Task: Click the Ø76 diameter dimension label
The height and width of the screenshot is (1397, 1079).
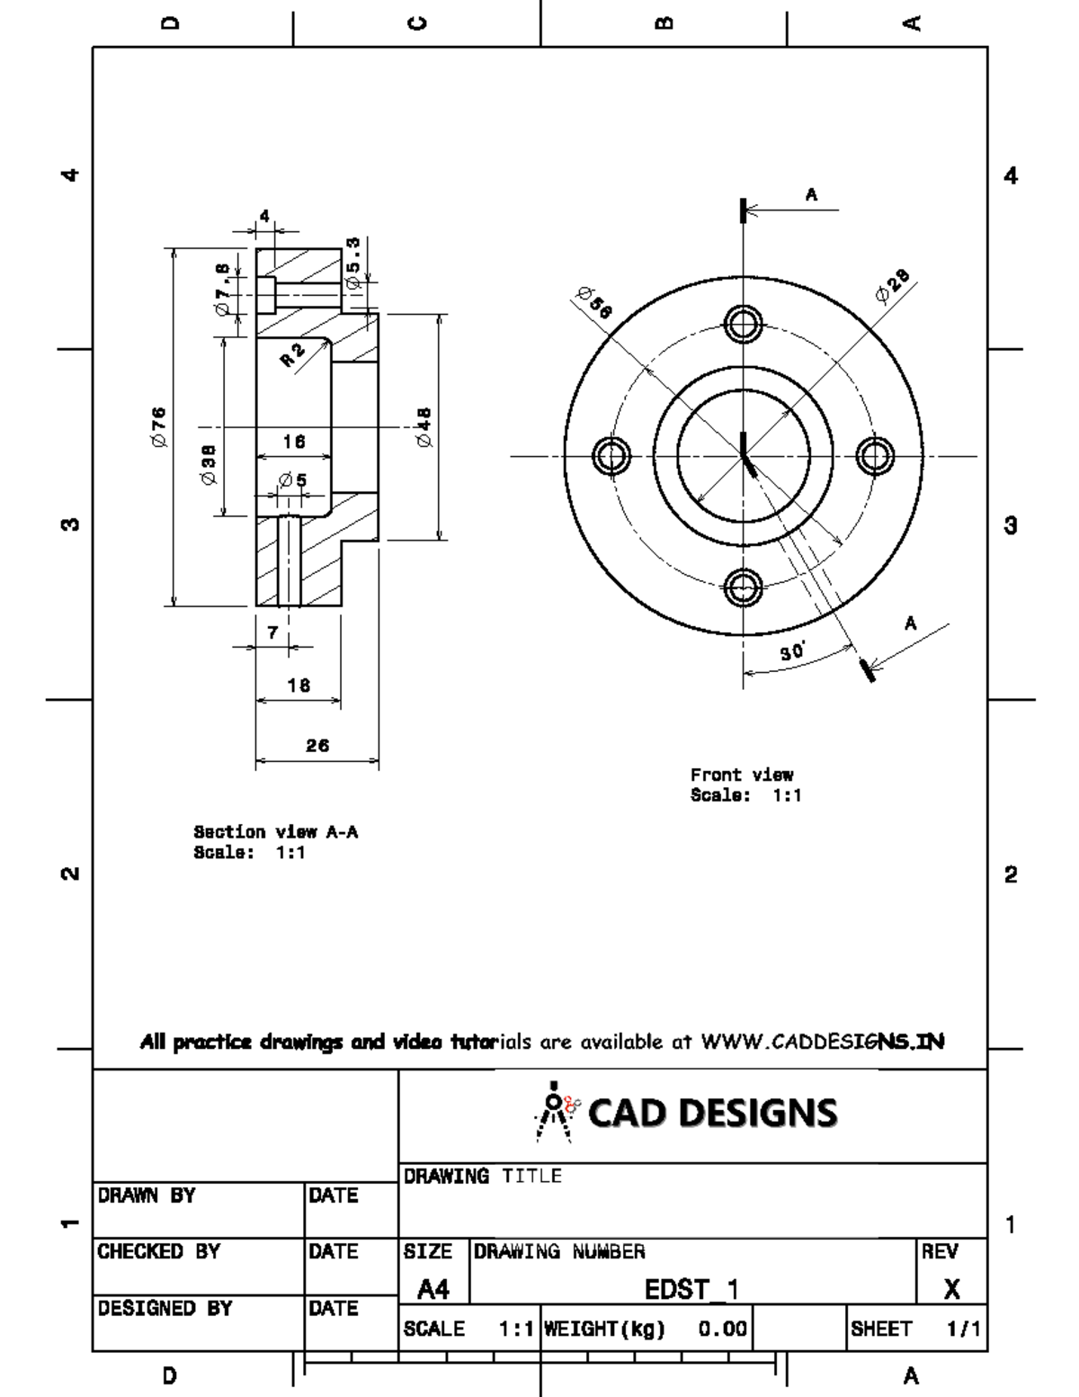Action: (158, 426)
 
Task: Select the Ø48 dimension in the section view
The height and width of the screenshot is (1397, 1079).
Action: (424, 427)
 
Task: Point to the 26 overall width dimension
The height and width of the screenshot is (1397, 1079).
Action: (317, 746)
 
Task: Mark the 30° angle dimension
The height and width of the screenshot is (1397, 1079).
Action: (792, 652)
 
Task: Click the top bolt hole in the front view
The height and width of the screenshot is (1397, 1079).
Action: (743, 323)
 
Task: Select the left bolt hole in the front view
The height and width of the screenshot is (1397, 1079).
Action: (611, 455)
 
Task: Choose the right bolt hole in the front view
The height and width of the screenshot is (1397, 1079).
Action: (874, 455)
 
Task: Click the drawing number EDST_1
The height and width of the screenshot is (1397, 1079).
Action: (691, 1290)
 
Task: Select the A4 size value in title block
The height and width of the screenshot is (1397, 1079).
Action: (433, 1290)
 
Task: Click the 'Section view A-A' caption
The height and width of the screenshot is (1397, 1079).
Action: (275, 832)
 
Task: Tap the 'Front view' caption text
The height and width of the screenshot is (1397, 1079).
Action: (742, 775)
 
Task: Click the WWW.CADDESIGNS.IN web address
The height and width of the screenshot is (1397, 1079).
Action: (823, 1043)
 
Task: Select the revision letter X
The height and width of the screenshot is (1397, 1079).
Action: (951, 1290)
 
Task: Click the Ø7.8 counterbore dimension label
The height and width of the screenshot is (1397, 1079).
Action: (222, 287)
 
